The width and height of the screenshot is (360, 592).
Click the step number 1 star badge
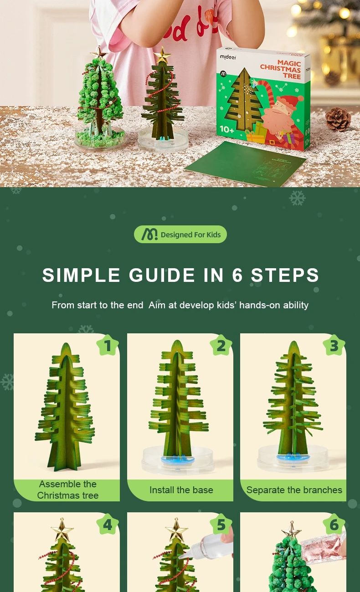[x=108, y=346]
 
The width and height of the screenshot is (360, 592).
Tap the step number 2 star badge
[x=221, y=346]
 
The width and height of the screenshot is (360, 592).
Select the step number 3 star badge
[x=334, y=346]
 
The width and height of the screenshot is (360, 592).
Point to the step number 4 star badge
[x=108, y=525]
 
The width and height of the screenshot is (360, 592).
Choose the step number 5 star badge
[x=221, y=525]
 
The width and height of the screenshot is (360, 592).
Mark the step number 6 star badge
[x=334, y=525]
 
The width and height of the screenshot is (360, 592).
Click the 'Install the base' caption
[x=181, y=490]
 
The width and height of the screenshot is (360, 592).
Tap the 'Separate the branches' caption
[x=294, y=490]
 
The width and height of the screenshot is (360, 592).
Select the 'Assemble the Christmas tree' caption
[x=67, y=490]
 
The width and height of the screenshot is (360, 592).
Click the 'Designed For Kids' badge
[x=180, y=235]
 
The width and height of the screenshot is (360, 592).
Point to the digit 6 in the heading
[x=237, y=276]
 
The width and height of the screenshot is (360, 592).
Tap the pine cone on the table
[x=338, y=119]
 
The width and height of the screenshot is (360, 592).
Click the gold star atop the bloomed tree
[x=98, y=52]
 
